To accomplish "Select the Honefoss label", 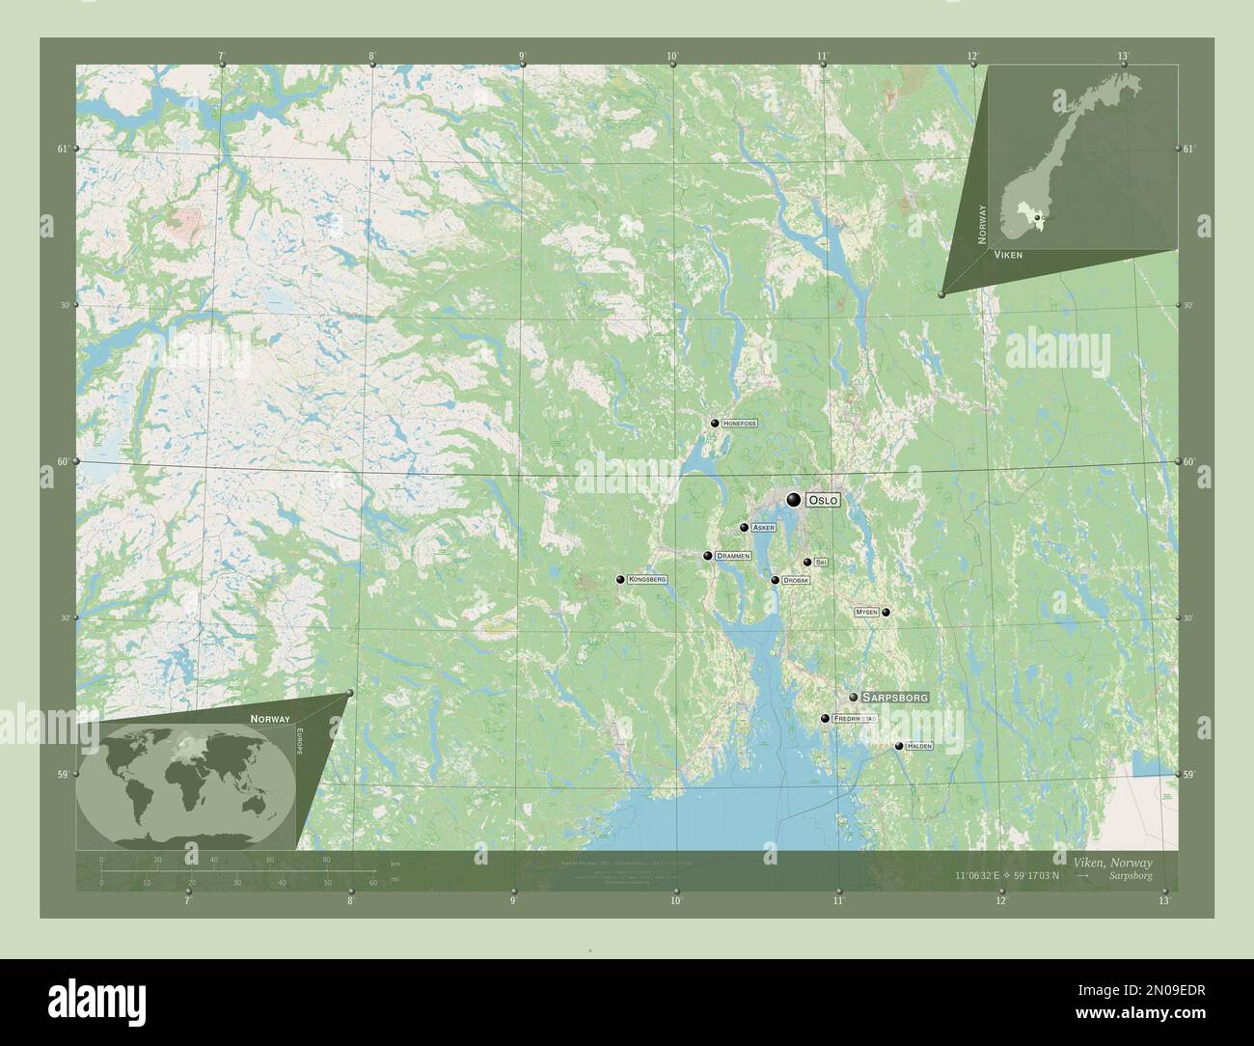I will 740,424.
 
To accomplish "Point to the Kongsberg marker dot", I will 620,580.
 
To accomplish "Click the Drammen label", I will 733,557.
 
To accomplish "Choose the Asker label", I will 763,528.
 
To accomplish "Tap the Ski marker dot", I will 807,562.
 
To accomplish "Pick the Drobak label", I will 796,580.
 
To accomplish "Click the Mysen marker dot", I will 886,612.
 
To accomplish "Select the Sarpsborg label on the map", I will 895,697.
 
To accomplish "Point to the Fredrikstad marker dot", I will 825,718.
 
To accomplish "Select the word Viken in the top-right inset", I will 1008,255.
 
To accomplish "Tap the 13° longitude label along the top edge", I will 1123,56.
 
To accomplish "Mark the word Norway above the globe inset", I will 270,719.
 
